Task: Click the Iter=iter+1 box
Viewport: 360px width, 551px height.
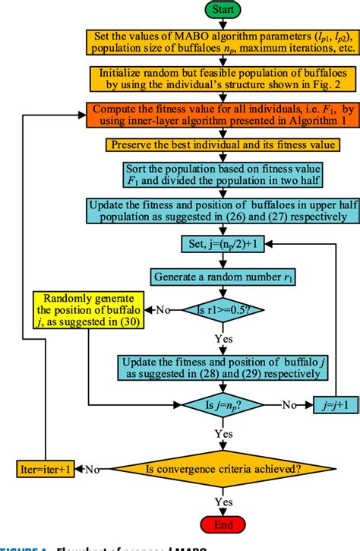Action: click(x=46, y=470)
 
